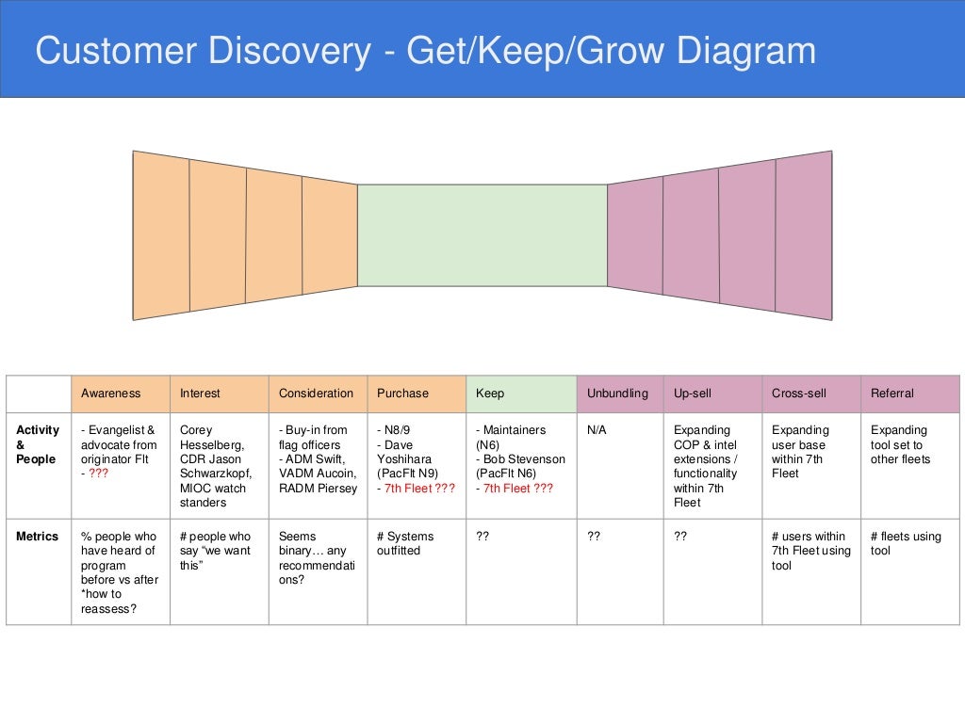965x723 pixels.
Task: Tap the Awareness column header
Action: [110, 394]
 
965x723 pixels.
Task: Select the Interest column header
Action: [200, 394]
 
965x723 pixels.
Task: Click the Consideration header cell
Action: [316, 394]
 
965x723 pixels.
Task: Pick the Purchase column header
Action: [402, 394]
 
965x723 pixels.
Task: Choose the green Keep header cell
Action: [490, 394]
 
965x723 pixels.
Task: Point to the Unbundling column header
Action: [617, 394]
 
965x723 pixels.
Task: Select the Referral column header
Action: [891, 394]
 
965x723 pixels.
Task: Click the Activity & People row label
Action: [38, 444]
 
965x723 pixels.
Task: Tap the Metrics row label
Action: [37, 537]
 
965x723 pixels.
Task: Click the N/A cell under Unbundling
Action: [597, 430]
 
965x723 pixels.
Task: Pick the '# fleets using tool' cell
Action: [905, 543]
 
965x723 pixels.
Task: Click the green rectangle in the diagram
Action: [482, 235]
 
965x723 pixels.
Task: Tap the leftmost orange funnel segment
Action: [161, 235]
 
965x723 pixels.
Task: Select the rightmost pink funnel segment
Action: [804, 235]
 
